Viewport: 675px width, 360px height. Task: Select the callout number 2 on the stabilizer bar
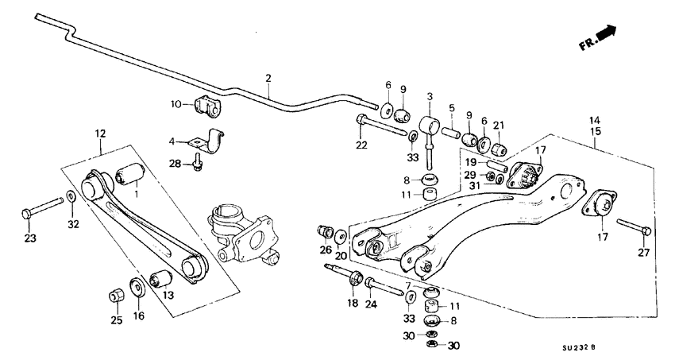(x=268, y=78)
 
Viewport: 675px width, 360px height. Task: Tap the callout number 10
(x=176, y=103)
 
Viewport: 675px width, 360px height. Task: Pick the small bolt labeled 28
(x=198, y=163)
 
